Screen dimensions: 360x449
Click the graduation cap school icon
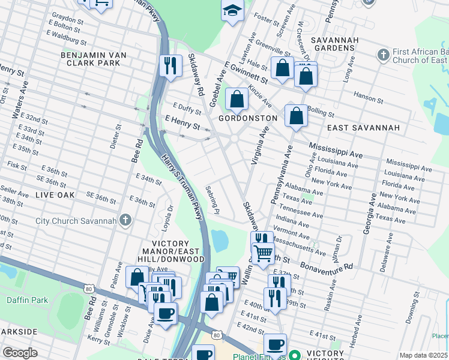232,11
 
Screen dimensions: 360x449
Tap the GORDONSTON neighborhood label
247,118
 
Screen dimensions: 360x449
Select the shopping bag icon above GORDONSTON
237,99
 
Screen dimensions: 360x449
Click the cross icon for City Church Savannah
125,220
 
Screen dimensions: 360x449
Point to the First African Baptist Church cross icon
384,56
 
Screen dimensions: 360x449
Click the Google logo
20,353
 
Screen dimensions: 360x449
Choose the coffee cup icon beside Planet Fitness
275,344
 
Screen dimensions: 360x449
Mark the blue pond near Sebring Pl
220,241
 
